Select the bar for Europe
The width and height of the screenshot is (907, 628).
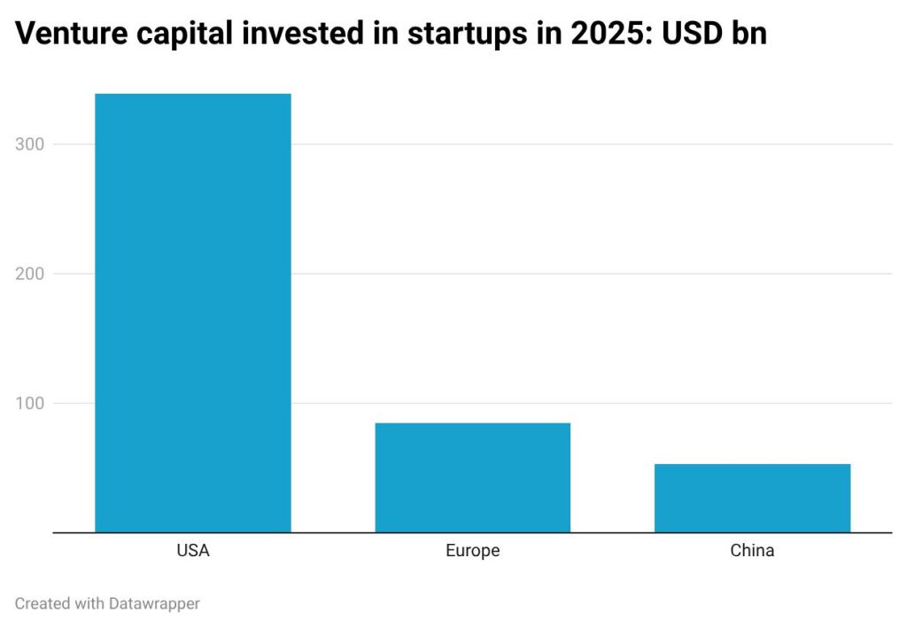[x=472, y=477]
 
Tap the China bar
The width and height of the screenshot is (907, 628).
[x=752, y=498]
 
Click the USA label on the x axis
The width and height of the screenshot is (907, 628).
[x=193, y=551]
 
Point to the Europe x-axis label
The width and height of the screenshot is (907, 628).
[x=472, y=551]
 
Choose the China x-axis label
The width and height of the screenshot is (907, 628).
[x=752, y=551]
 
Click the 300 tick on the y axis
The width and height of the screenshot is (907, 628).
[x=31, y=144]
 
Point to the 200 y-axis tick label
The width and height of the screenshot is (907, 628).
[x=31, y=274]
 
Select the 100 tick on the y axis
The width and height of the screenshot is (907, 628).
[x=31, y=403]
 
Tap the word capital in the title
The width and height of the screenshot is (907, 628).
[x=175, y=35]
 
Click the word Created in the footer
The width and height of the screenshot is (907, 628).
[x=43, y=603]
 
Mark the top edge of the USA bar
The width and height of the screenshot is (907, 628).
[x=193, y=94]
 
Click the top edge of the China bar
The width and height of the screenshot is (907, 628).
[x=752, y=464]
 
